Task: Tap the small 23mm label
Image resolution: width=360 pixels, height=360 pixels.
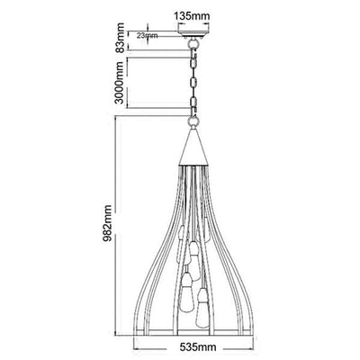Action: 147,36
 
